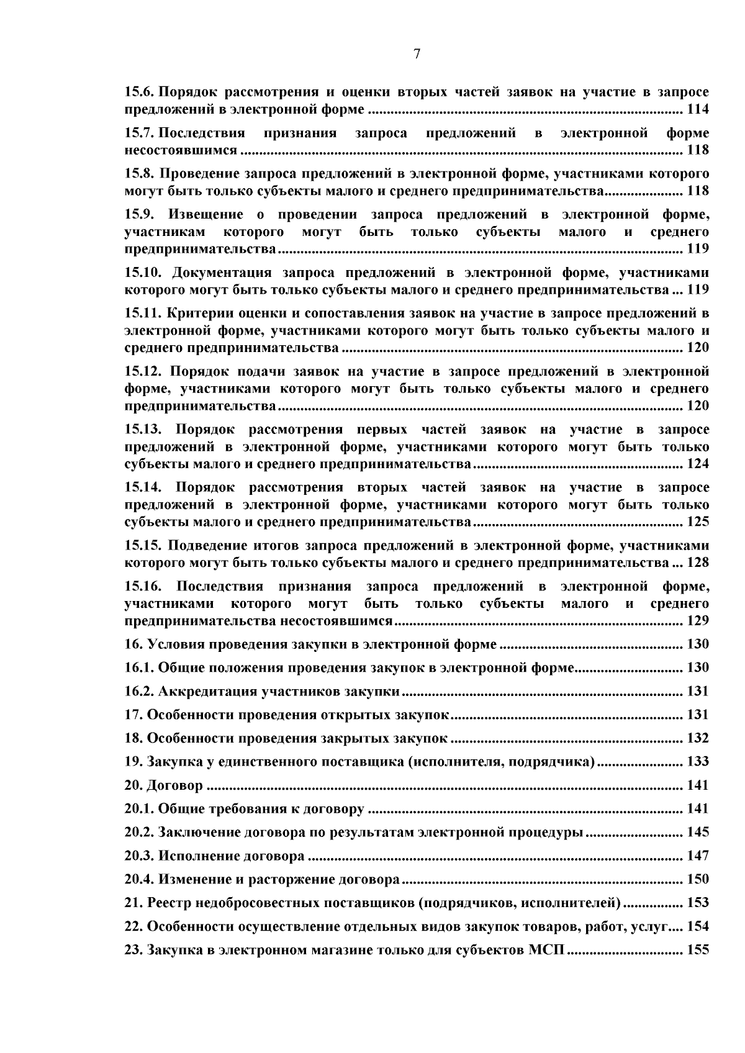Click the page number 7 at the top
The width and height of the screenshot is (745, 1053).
417,54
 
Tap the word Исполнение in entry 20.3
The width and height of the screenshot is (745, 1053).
196,856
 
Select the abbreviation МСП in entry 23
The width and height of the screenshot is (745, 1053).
546,950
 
